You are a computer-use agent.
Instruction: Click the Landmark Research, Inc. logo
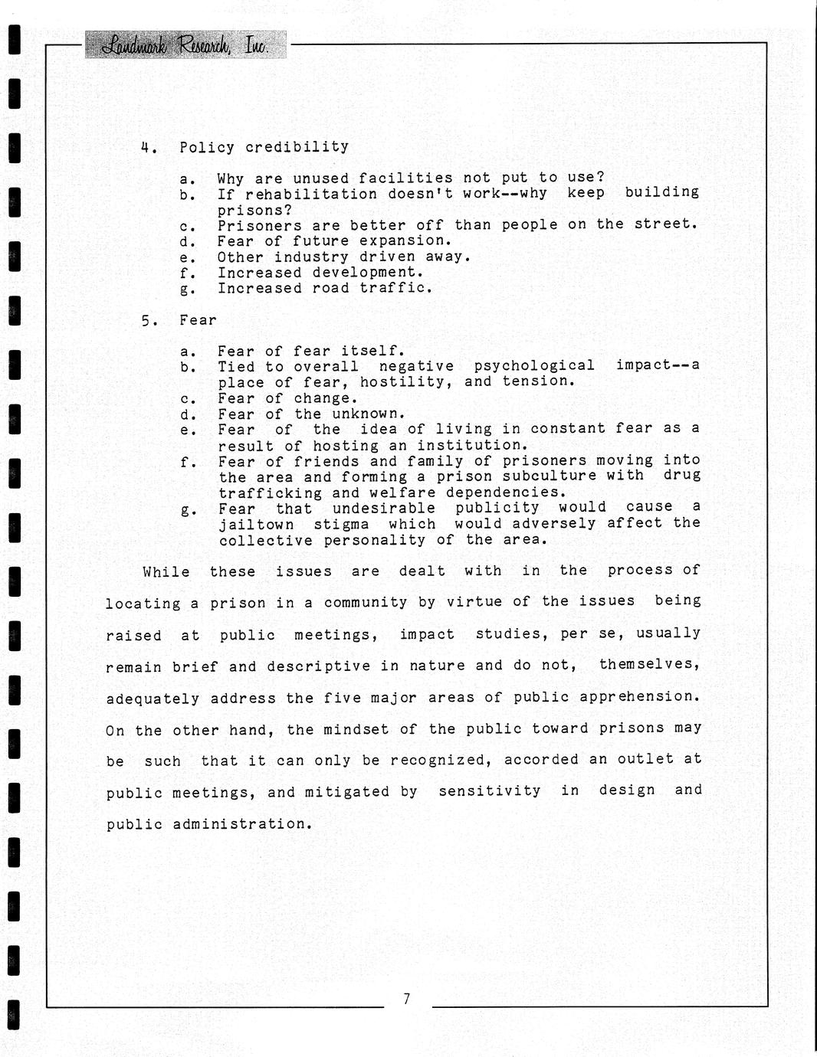pos(185,45)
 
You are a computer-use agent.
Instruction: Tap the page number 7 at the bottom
pos(406,998)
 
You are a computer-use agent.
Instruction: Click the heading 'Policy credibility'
pos(264,147)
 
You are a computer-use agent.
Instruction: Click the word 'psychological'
pos(534,366)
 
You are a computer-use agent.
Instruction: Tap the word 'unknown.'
pos(368,414)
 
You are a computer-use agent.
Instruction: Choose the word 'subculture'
pos(549,476)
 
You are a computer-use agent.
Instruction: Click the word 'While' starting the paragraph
pos(166,571)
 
